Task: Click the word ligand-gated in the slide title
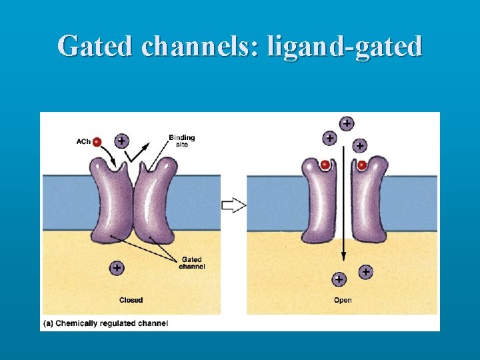point(344,46)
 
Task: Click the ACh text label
point(83,141)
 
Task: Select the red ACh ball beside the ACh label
point(97,141)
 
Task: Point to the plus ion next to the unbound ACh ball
point(121,141)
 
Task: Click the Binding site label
point(181,141)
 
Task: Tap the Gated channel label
point(192,263)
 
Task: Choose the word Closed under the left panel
point(131,300)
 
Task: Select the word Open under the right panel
point(343,300)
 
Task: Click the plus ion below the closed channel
point(117,267)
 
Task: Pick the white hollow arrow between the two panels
point(234,205)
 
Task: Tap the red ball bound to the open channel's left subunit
point(325,165)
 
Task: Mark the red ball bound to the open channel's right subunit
point(362,165)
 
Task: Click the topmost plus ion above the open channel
point(347,123)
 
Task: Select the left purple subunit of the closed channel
point(113,200)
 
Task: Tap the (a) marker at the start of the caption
point(48,323)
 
